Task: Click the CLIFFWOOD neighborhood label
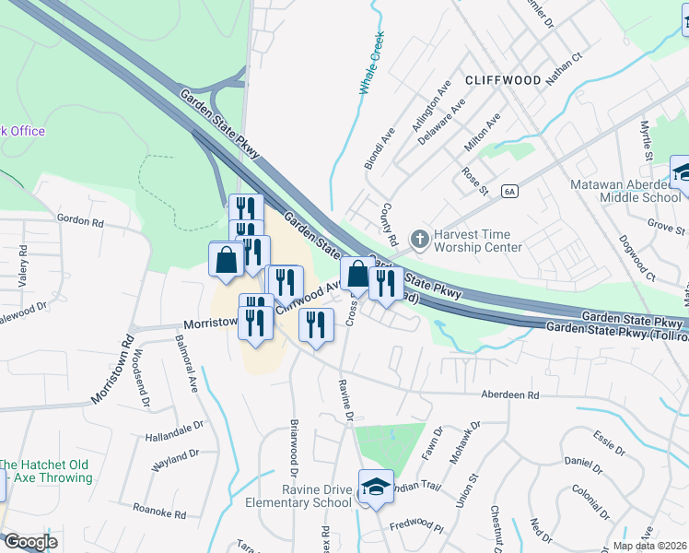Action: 502,80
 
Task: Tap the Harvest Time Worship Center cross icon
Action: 420,240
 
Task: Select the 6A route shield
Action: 510,191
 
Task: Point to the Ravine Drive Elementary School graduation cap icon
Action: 375,488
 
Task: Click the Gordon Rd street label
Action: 77,220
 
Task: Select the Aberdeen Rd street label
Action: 509,394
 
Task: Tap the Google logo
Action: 29,542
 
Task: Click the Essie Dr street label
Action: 610,436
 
